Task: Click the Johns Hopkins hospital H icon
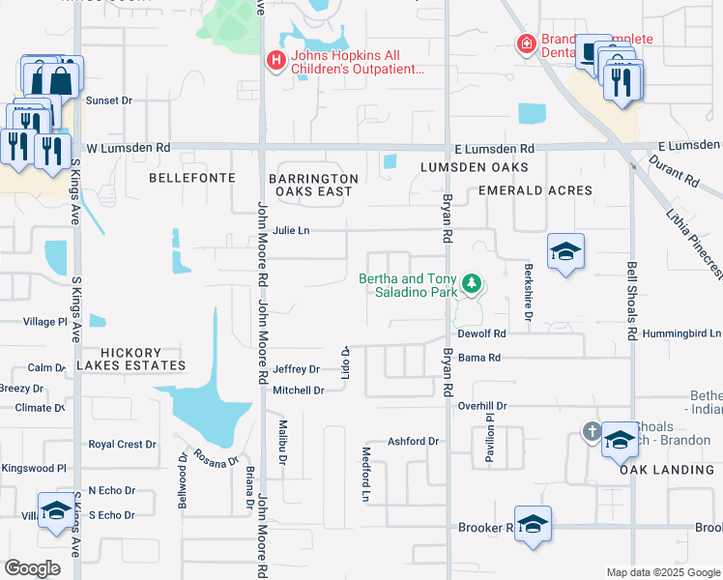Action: [x=275, y=61]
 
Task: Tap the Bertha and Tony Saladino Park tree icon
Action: [x=472, y=283]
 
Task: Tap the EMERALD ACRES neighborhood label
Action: [x=535, y=190]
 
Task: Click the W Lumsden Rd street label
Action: [x=128, y=149]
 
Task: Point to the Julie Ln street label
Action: [x=291, y=231]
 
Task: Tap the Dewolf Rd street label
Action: [x=482, y=333]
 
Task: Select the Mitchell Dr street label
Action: [x=298, y=391]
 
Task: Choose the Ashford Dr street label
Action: [x=414, y=442]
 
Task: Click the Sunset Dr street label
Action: [x=108, y=101]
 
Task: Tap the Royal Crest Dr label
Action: [x=122, y=445]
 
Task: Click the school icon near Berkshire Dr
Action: [x=565, y=253]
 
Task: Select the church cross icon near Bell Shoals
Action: [x=592, y=431]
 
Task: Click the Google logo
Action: [x=33, y=568]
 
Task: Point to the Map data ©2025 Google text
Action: [x=662, y=572]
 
